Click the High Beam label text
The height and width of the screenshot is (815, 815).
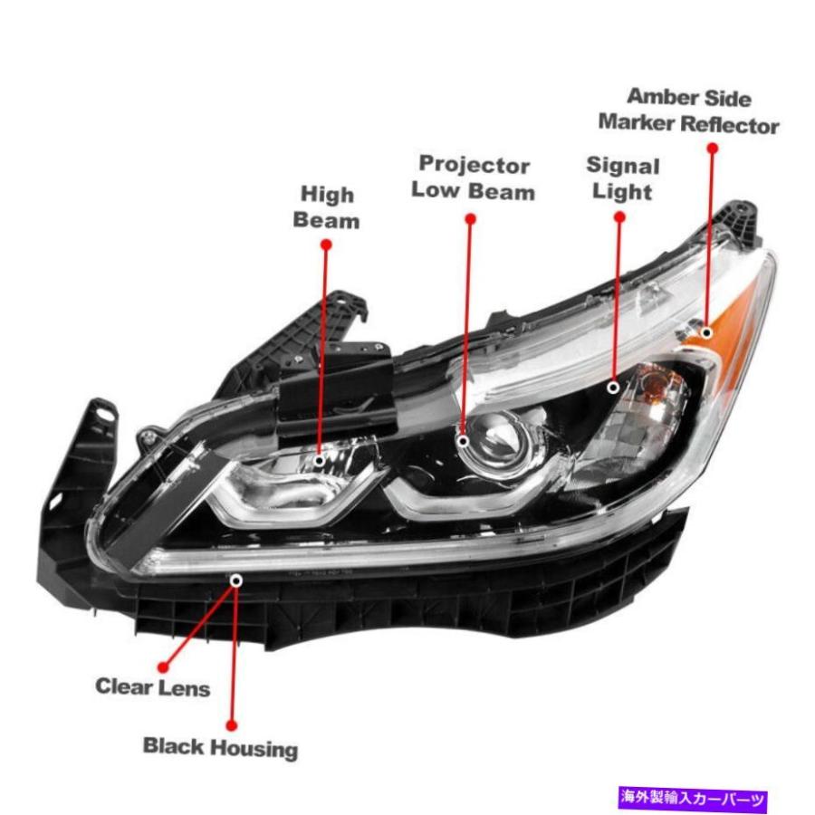326,206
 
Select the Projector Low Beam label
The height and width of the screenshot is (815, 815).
473,177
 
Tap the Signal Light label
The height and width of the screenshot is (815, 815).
623,178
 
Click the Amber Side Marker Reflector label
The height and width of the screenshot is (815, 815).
689,111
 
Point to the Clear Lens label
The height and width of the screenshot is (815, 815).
153,687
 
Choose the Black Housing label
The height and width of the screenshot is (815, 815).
220,748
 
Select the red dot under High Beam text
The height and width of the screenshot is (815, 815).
326,244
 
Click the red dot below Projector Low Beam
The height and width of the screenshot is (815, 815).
470,219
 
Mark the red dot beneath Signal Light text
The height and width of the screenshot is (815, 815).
619,216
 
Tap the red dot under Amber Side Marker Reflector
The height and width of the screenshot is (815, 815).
713,149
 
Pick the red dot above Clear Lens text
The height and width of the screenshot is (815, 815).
163,666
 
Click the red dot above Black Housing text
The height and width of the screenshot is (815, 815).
232,725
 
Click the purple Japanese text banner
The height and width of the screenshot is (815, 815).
693,797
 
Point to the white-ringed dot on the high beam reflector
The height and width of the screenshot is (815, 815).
320,461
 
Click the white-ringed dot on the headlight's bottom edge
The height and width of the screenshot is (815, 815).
236,580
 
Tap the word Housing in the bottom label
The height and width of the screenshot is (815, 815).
255,749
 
